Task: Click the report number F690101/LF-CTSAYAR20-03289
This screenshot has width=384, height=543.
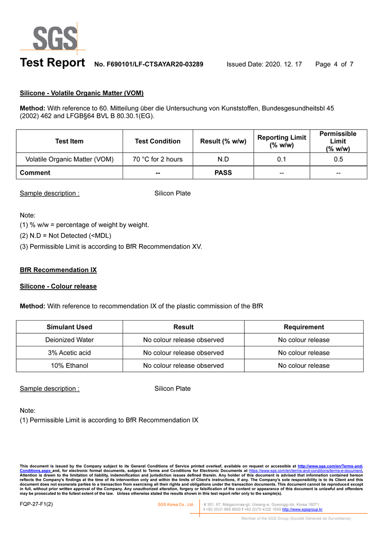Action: pos(149,64)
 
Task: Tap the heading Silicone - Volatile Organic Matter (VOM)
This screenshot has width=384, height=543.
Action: pos(82,93)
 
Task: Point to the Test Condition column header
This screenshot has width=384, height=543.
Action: pos(157,141)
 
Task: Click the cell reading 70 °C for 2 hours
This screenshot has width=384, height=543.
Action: pos(157,159)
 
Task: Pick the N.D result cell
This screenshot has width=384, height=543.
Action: pos(223,159)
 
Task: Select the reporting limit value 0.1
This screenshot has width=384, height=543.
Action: pos(282,159)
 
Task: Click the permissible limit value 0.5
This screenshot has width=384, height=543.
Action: pos(338,159)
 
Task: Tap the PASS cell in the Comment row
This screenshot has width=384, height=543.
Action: pos(223,172)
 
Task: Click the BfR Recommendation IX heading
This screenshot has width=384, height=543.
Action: pos(58,270)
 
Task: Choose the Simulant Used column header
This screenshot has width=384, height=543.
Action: pos(69,327)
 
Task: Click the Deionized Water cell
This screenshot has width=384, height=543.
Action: pos(69,340)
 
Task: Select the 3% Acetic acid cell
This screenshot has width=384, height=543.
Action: pos(69,353)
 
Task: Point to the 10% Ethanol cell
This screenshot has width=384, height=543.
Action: pos(69,365)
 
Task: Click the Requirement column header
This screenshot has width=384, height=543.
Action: pos(304,327)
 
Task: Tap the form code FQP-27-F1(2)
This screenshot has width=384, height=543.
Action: pos(36,505)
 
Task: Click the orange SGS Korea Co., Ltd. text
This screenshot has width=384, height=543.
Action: pos(176,505)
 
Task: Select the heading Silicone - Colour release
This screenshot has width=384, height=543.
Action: pos(58,286)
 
